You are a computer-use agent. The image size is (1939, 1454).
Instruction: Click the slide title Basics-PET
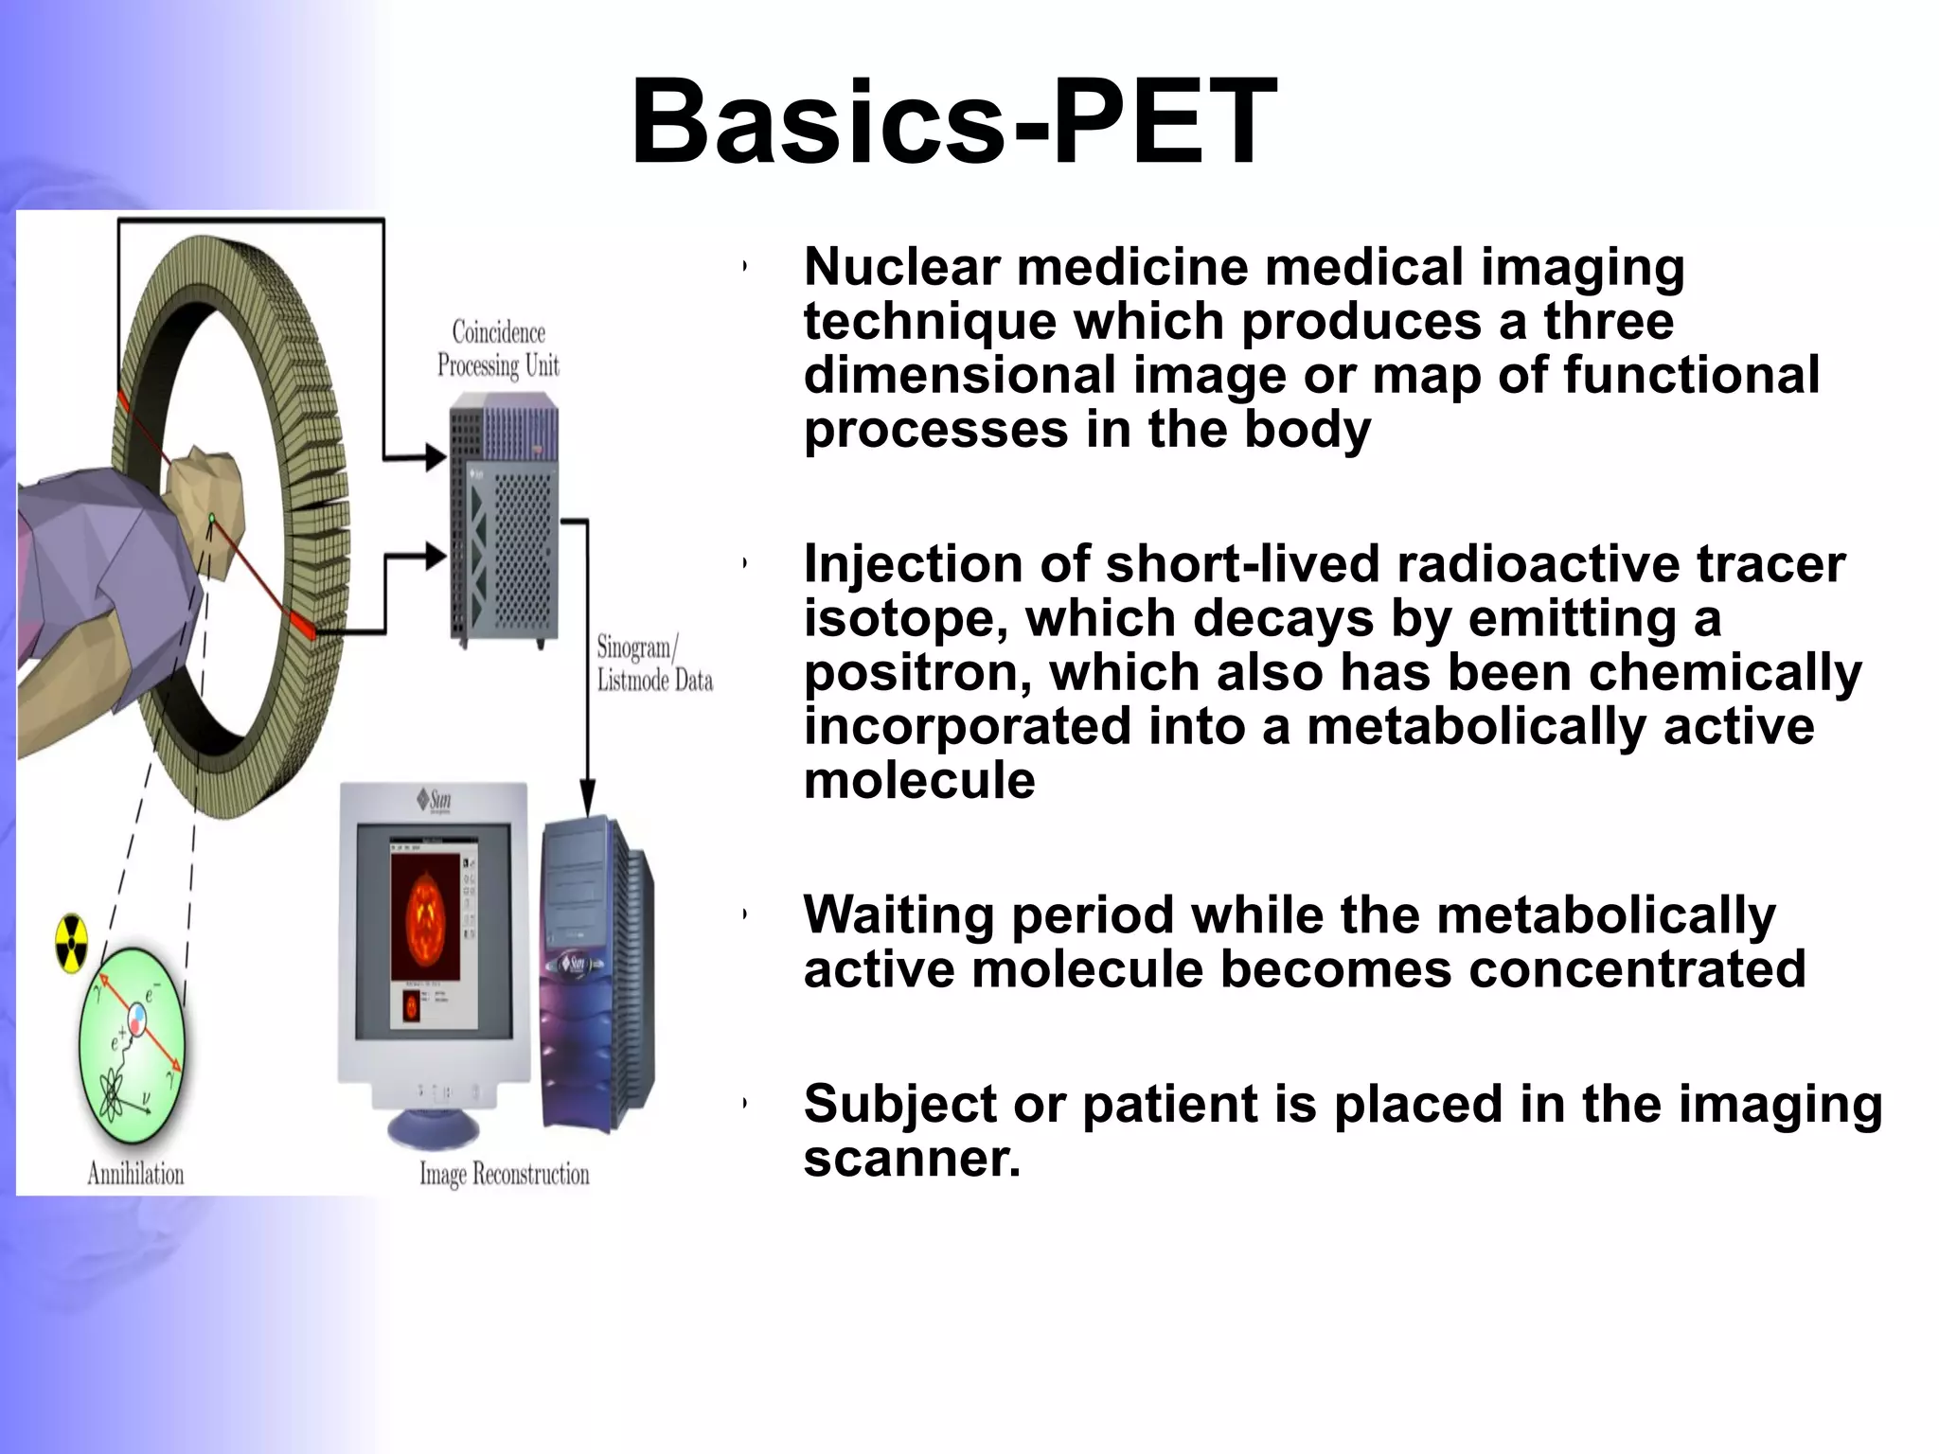point(954,123)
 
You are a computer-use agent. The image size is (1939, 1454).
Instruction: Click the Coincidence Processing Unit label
point(498,348)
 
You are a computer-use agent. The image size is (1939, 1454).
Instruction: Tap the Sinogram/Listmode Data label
point(653,664)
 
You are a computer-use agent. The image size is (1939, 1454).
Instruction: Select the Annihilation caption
point(135,1174)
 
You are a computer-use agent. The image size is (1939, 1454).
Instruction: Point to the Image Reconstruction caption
point(504,1175)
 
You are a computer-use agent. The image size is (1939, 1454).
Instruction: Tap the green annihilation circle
point(132,1048)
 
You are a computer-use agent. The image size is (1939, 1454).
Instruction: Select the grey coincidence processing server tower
point(504,521)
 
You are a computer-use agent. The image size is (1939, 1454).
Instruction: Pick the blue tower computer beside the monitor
point(595,975)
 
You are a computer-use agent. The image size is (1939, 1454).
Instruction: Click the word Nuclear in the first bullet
point(901,267)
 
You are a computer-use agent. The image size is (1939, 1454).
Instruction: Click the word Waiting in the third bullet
point(898,915)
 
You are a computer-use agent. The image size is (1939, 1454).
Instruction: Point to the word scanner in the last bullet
point(912,1159)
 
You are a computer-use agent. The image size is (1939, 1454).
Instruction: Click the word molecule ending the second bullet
point(919,782)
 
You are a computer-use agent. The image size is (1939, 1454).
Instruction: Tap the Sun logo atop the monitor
point(435,801)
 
